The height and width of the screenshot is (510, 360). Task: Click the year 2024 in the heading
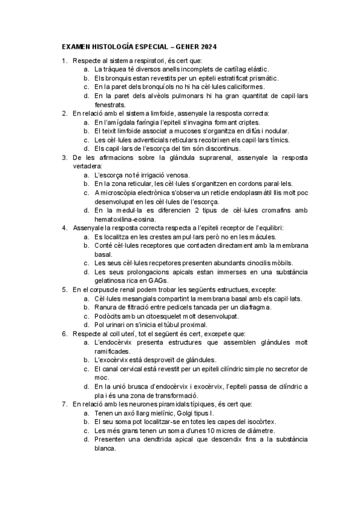point(207,46)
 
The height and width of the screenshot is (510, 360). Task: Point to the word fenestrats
point(111,104)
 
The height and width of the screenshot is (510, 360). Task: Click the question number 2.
point(64,113)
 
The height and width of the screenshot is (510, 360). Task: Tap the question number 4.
point(64,228)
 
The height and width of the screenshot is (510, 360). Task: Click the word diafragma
point(255,307)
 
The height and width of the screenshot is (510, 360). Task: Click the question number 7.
point(64,404)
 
